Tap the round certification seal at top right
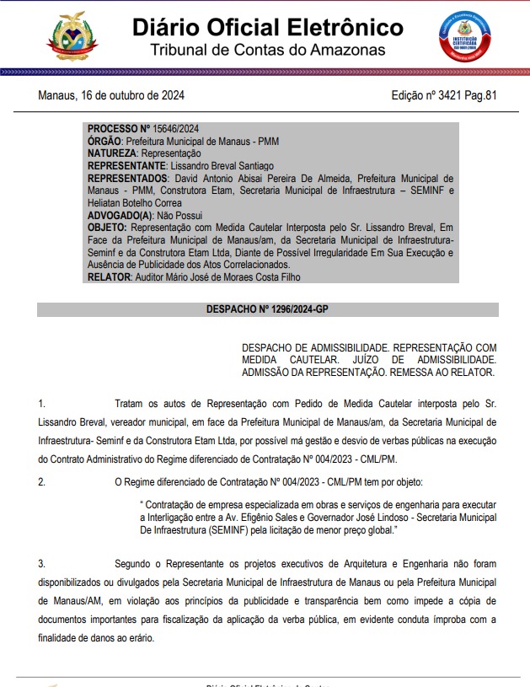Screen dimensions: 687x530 tap(459, 36)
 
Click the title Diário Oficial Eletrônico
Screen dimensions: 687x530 tap(267, 27)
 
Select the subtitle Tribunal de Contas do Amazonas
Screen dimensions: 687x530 tap(267, 51)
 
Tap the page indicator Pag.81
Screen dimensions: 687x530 tap(480, 94)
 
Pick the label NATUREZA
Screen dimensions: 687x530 tap(112, 154)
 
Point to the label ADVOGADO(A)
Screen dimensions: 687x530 tap(119, 216)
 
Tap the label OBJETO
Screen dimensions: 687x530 tap(107, 228)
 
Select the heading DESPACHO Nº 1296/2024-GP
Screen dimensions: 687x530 tap(267, 310)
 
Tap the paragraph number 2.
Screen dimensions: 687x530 tap(41, 481)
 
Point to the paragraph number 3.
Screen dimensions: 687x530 tap(41, 562)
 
